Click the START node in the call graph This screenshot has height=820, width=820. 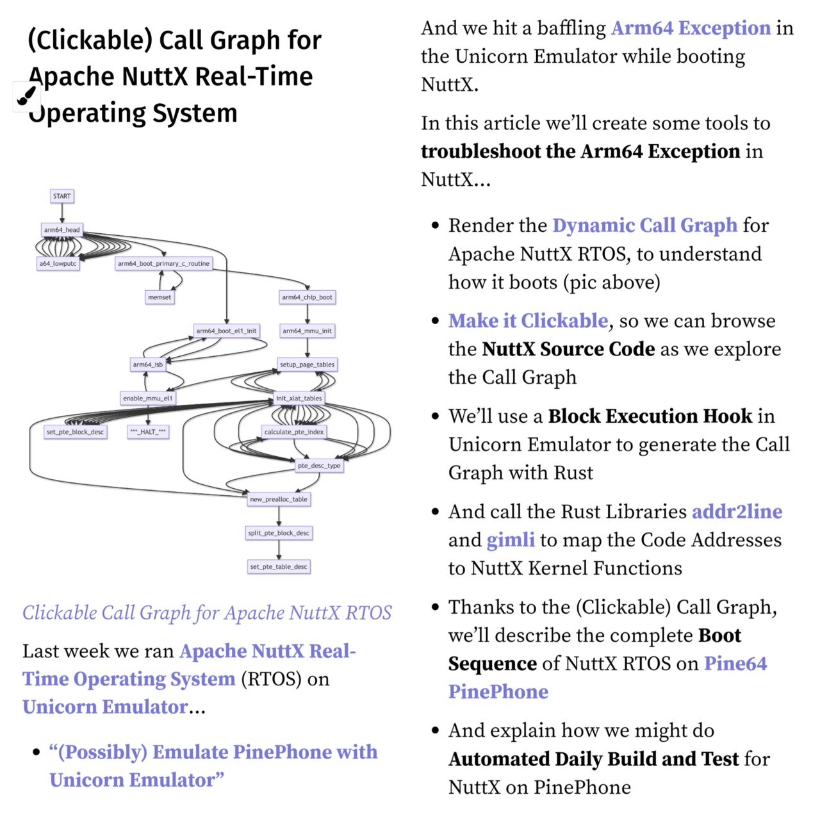[62, 196]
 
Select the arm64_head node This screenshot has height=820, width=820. [62, 230]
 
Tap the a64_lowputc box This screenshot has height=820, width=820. [58, 263]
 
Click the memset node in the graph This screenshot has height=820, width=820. [160, 297]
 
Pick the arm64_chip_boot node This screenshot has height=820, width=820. [307, 297]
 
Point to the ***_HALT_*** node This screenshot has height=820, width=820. [148, 432]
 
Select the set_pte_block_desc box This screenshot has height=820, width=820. [75, 432]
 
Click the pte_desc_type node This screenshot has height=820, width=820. [319, 466]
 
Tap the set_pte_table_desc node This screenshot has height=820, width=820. [279, 566]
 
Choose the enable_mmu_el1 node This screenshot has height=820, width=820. [147, 398]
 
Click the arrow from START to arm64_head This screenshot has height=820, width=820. [62, 213]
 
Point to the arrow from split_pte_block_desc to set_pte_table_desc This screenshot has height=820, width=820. [279, 550]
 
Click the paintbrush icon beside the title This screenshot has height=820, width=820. [26, 97]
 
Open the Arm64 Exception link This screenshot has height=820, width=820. [691, 28]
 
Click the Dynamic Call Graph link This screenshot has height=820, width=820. [644, 225]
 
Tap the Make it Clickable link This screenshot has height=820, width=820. [528, 320]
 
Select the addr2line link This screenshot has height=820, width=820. [737, 511]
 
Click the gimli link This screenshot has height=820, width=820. [511, 540]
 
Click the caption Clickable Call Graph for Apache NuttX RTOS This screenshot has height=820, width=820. [207, 613]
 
